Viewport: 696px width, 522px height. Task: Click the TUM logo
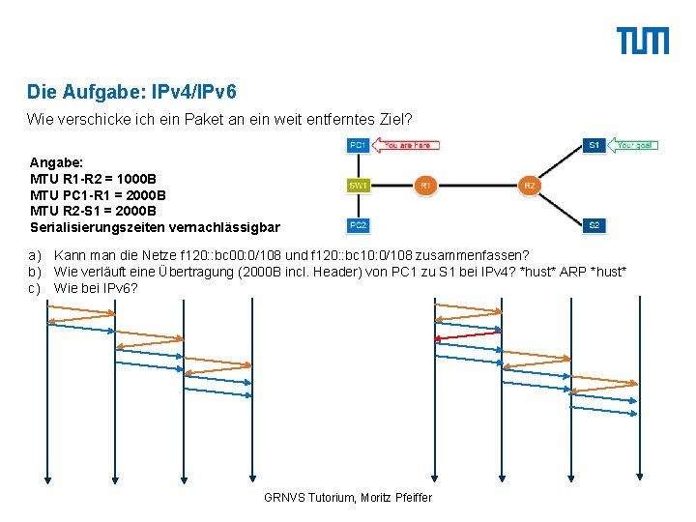pyautogui.click(x=643, y=41)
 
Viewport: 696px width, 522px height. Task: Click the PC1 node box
pyautogui.click(x=358, y=146)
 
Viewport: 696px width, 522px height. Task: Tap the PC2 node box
pyautogui.click(x=358, y=225)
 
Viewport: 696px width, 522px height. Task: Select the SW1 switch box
pyautogui.click(x=358, y=184)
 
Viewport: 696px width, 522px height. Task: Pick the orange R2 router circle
pyautogui.click(x=529, y=184)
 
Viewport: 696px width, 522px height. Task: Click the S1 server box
pyautogui.click(x=594, y=146)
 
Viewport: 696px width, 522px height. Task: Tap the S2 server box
pyautogui.click(x=594, y=225)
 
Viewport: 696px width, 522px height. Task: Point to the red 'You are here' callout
pyautogui.click(x=406, y=146)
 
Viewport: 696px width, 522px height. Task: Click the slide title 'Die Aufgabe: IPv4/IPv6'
pyautogui.click(x=131, y=93)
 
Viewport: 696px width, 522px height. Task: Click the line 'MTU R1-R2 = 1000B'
pyautogui.click(x=93, y=180)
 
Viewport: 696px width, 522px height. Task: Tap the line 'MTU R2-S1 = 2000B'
pyautogui.click(x=93, y=211)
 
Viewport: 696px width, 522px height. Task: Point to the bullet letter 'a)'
pyautogui.click(x=34, y=254)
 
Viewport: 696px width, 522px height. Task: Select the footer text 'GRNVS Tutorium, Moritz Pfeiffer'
pyautogui.click(x=348, y=497)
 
